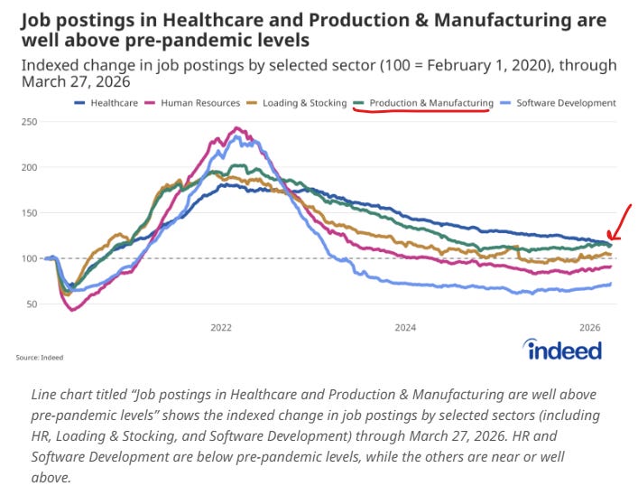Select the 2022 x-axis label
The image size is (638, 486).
tap(221, 326)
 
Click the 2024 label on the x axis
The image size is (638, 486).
tap(405, 326)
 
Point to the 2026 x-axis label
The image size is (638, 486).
tap(589, 326)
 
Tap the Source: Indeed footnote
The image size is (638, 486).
tap(39, 358)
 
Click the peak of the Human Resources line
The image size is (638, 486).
tap(236, 128)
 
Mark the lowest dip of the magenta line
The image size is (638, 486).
tap(71, 310)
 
